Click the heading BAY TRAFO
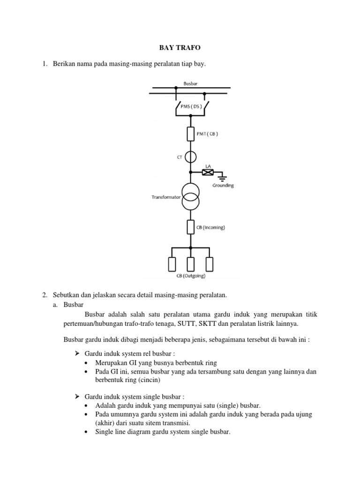coord(180,47)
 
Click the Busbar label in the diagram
coord(190,83)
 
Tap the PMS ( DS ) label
coord(190,106)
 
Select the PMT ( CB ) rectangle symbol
coord(190,134)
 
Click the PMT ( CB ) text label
coord(208,134)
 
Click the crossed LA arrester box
coord(207,172)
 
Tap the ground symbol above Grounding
coord(223,178)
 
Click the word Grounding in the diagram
coord(222,186)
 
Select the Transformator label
coord(165,198)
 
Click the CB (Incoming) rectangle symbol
coord(190,227)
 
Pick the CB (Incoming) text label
coord(211,227)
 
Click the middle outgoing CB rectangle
coord(190,264)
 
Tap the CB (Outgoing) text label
coord(191,276)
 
